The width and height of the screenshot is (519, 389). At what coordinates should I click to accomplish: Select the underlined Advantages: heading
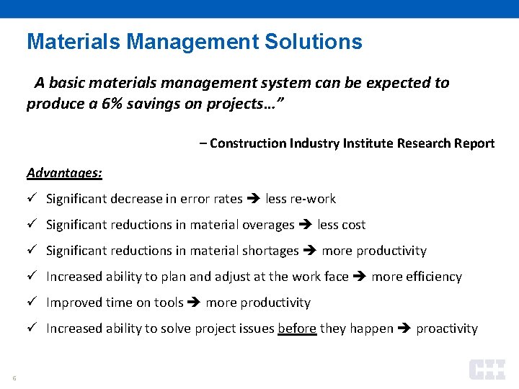[64, 173]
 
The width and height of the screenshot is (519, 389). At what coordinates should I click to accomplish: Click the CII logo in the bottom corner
[487, 370]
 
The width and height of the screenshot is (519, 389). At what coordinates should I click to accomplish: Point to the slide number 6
[14, 377]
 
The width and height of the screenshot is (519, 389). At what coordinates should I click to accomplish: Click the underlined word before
[297, 328]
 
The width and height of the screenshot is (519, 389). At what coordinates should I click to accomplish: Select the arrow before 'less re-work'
[254, 199]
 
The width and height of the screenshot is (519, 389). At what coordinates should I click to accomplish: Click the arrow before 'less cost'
[306, 225]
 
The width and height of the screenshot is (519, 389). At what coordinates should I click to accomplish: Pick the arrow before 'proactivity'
[404, 328]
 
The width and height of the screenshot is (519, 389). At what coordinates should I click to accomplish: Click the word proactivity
[447, 328]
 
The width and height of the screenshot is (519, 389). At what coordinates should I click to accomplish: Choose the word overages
[267, 225]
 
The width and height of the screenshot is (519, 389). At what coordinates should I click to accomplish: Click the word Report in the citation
[474, 143]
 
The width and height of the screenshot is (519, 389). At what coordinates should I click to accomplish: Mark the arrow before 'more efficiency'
[360, 277]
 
